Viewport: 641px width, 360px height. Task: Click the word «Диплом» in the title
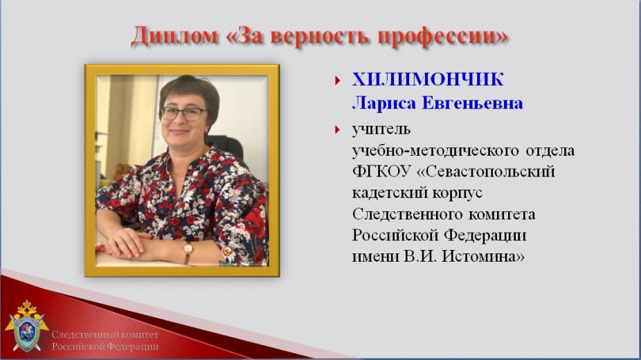click(x=174, y=35)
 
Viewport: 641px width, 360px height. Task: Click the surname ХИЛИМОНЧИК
click(x=428, y=80)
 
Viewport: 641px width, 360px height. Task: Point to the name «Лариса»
click(x=384, y=103)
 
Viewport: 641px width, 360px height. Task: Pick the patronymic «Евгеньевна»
click(x=472, y=103)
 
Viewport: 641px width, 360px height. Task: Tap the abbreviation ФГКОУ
click(x=381, y=172)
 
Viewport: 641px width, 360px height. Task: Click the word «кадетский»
click(x=384, y=193)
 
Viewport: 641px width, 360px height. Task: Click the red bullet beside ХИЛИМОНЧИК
click(x=337, y=80)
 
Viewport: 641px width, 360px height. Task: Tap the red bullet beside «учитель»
click(x=337, y=130)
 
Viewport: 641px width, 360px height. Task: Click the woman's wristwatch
click(x=188, y=249)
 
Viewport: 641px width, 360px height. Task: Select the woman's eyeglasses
click(x=183, y=114)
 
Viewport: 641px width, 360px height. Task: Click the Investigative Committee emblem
click(x=26, y=326)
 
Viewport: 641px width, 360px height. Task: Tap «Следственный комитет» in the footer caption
click(x=105, y=335)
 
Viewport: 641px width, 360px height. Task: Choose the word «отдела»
click(x=550, y=151)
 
